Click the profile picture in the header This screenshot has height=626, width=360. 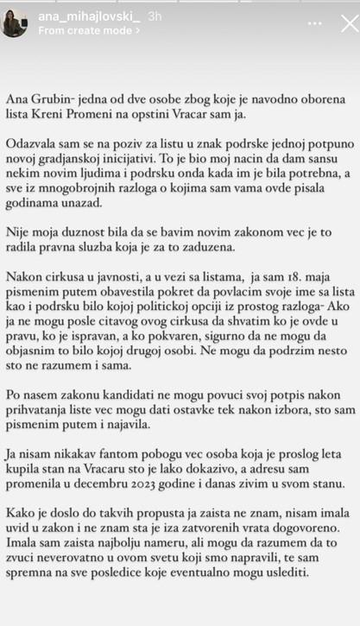(15, 23)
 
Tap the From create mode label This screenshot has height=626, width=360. (87, 30)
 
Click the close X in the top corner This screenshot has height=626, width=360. (349, 22)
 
